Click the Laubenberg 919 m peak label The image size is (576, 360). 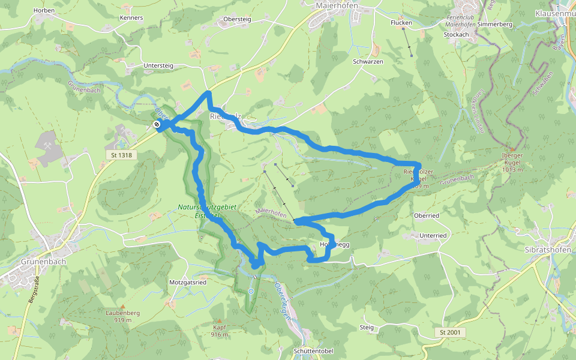pyautogui.click(x=122, y=316)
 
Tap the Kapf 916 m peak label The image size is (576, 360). pyautogui.click(x=220, y=331)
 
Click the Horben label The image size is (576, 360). pyautogui.click(x=44, y=10)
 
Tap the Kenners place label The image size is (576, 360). pyautogui.click(x=131, y=18)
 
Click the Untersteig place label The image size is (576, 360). pyautogui.click(x=158, y=65)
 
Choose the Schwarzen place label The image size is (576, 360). pyautogui.click(x=368, y=62)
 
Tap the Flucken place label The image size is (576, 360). pyautogui.click(x=401, y=23)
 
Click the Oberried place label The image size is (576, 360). pyautogui.click(x=427, y=215)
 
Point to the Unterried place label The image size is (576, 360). pyautogui.click(x=433, y=236)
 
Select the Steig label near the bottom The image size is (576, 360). pyautogui.click(x=367, y=328)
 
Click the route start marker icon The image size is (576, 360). pyautogui.click(x=157, y=125)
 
